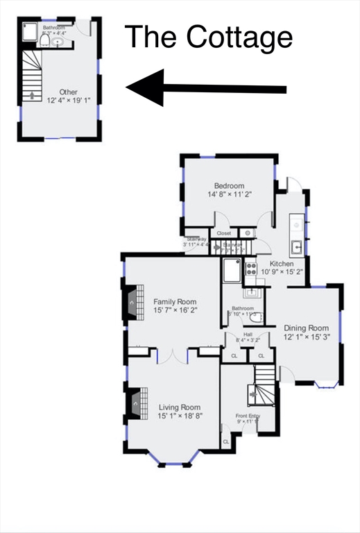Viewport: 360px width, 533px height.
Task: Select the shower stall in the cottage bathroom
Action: tap(31, 33)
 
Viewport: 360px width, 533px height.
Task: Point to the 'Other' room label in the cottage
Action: tap(68, 92)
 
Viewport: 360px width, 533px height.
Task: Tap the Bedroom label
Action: tap(228, 185)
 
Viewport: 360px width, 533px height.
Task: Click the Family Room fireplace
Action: tap(131, 302)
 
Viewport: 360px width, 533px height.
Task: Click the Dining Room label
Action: tap(305, 328)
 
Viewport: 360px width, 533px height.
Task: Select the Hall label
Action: tap(247, 334)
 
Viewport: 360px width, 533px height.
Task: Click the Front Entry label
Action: tap(247, 416)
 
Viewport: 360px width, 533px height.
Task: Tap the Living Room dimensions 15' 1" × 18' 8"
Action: tap(179, 416)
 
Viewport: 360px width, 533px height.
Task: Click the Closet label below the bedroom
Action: tap(223, 234)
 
